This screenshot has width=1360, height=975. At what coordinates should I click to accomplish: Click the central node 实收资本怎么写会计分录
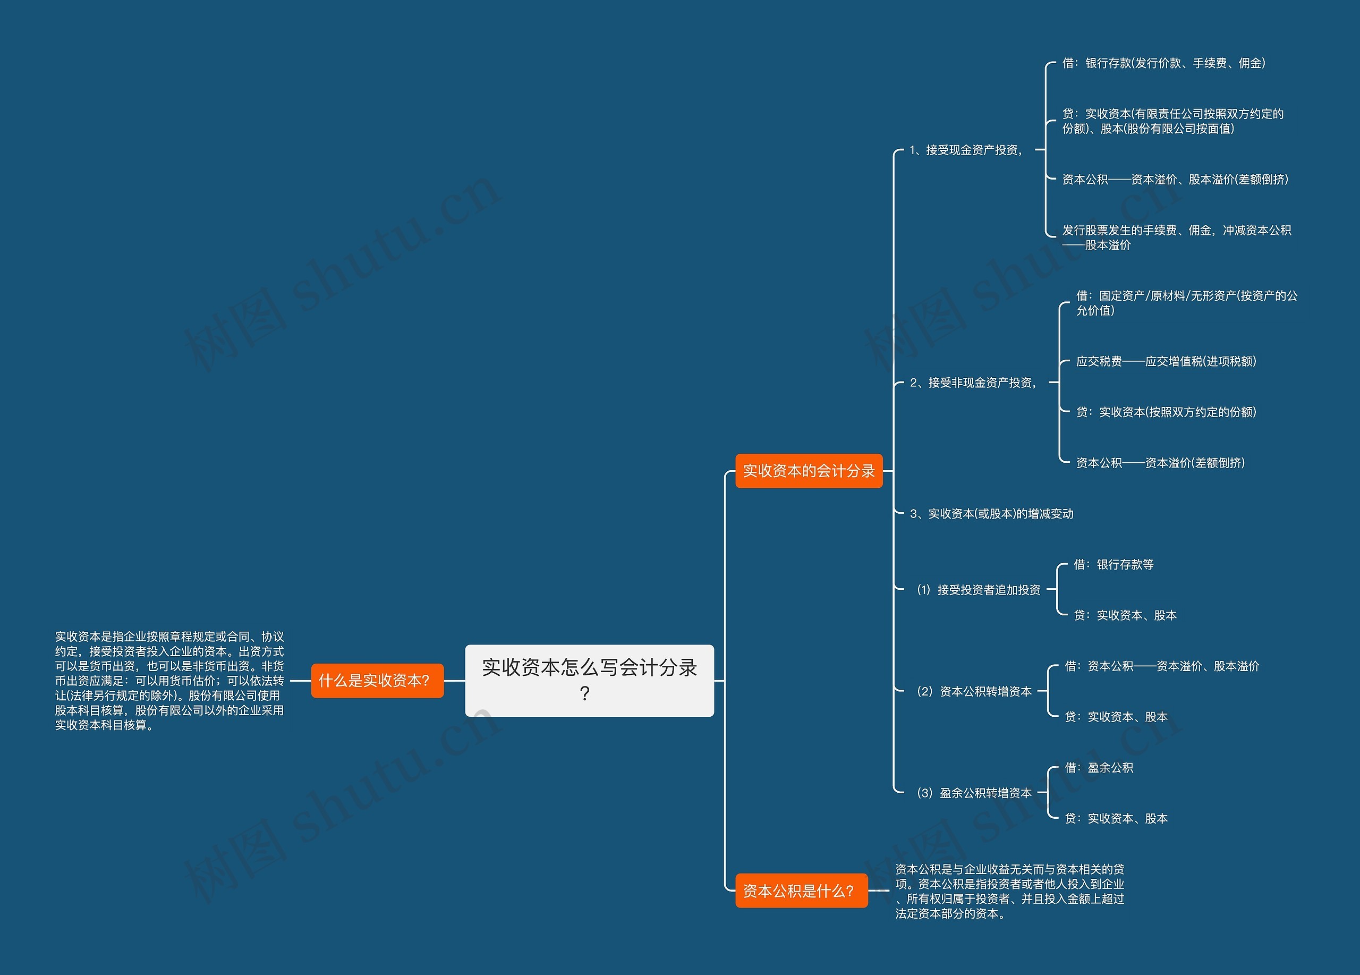[x=590, y=680]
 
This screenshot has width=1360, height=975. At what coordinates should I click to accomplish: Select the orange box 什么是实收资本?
[x=377, y=681]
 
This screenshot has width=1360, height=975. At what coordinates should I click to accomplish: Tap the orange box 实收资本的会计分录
[x=809, y=471]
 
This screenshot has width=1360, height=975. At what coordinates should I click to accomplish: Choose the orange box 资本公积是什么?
[x=801, y=891]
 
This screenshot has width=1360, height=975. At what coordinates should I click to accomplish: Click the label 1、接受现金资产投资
[x=966, y=150]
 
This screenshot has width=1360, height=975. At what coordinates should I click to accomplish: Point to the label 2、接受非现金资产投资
[x=973, y=383]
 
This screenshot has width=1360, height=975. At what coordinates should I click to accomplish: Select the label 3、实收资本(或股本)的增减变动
[x=991, y=513]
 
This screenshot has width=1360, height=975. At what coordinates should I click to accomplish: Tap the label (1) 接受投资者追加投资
[x=979, y=589]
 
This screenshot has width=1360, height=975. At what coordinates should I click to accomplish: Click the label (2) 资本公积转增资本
[x=974, y=691]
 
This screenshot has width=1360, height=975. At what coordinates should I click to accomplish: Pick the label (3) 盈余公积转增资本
[x=974, y=793]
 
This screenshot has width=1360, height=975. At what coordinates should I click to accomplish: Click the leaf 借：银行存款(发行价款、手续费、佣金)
[x=1164, y=63]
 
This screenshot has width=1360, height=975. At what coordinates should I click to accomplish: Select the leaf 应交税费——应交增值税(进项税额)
[x=1166, y=361]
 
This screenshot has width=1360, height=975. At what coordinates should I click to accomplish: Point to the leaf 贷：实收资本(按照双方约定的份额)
[x=1166, y=412]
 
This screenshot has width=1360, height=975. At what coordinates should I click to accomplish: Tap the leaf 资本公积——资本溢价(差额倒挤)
[x=1160, y=463]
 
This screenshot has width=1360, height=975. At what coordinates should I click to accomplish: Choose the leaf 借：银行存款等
[x=1113, y=564]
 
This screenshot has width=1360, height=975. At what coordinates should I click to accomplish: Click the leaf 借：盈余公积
[x=1099, y=768]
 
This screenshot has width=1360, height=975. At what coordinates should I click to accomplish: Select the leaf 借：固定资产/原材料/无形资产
[x=1187, y=303]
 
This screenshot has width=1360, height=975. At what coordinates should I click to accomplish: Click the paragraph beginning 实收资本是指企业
[x=169, y=681]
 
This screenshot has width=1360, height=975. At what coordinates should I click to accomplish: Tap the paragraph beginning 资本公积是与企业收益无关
[x=1010, y=891]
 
